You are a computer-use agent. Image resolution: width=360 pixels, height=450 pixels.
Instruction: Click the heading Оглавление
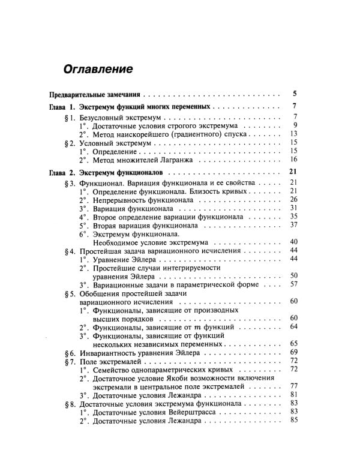[98, 68]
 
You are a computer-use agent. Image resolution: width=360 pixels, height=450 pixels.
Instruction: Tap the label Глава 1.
[62, 107]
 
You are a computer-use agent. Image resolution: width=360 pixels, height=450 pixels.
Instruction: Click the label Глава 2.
[62, 173]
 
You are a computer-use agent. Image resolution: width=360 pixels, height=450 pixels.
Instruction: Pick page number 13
[293, 134]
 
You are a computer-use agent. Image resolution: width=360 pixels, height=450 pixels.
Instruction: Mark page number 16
[293, 160]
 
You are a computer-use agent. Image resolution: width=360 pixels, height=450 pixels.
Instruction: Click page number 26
[293, 199]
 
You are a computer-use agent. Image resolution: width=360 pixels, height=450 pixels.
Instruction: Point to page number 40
[293, 242]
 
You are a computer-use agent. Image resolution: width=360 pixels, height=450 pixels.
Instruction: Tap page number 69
[293, 352]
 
